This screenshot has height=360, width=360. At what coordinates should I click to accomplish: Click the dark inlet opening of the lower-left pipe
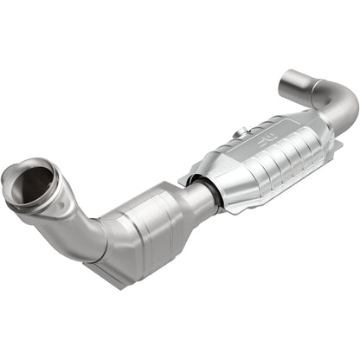33,183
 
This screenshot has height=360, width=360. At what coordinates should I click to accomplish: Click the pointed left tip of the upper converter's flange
182,183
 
